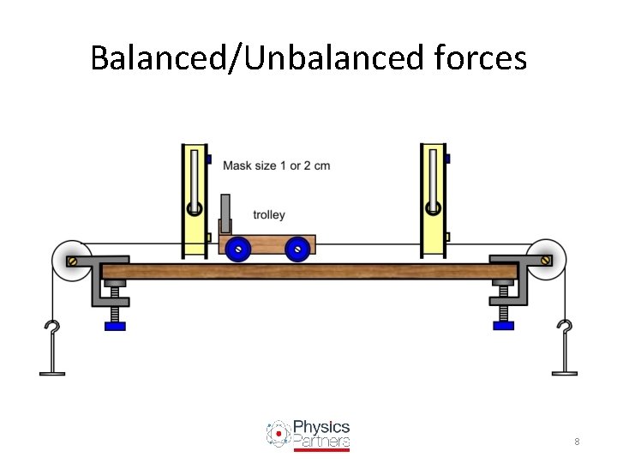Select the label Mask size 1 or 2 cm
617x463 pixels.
coord(276,165)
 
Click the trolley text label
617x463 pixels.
coord(269,215)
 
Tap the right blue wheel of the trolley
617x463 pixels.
coord(297,249)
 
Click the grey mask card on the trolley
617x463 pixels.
coord(226,214)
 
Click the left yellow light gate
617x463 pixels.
coord(194,201)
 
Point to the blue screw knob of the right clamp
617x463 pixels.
coord(504,325)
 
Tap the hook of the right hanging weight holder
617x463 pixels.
coord(564,329)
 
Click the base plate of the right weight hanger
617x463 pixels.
coord(564,372)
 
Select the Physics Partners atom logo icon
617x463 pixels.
coord(278,434)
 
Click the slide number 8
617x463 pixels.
coord(577,442)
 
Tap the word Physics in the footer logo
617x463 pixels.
coord(321,426)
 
